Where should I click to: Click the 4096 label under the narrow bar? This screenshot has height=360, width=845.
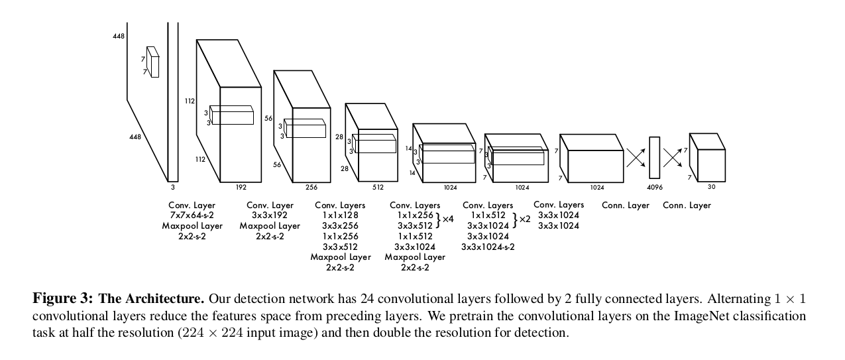pos(654,187)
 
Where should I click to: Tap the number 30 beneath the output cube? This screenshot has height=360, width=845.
pos(712,187)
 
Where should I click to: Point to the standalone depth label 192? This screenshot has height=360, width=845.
pos(241,187)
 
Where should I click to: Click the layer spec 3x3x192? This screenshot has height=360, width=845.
pos(270,215)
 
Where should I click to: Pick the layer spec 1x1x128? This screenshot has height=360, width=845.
pos(340,215)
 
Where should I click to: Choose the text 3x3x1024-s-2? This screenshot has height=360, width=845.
pos(488,247)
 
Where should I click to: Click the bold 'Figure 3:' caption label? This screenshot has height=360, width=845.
pos(63,298)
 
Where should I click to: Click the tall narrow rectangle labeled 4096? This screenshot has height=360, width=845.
pos(654,157)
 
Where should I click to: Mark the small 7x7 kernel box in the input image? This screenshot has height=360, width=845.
pos(154,62)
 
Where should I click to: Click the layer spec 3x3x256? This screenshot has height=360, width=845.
pos(340,226)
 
